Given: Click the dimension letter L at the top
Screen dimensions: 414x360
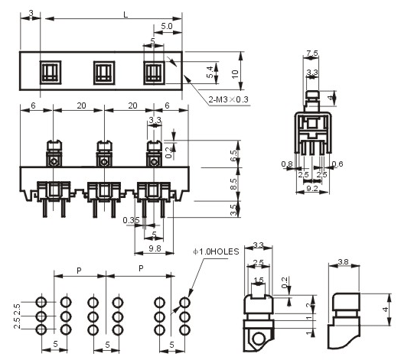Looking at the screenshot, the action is pyautogui.click(x=126, y=15).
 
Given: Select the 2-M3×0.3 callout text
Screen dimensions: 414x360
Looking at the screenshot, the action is pyautogui.click(x=228, y=99).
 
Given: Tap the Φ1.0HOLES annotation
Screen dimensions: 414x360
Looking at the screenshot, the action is pyautogui.click(x=216, y=251).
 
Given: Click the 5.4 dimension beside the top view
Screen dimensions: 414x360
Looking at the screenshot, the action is pyautogui.click(x=210, y=72).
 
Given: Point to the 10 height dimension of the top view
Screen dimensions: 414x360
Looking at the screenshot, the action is pyautogui.click(x=235, y=74).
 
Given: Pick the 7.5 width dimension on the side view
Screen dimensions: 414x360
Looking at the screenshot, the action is pyautogui.click(x=311, y=53).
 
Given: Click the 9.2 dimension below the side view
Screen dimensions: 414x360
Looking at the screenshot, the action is pyautogui.click(x=312, y=188).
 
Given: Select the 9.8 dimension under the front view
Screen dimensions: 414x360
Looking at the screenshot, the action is pyautogui.click(x=155, y=248).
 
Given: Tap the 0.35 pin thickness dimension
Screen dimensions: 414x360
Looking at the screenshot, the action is pyautogui.click(x=131, y=220).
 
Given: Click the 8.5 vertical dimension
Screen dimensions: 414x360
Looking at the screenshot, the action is pyautogui.click(x=233, y=184).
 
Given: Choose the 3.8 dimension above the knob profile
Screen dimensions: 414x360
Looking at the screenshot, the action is pyautogui.click(x=343, y=262).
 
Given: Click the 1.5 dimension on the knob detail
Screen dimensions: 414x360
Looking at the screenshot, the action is pyautogui.click(x=259, y=280).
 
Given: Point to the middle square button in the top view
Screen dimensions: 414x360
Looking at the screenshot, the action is pyautogui.click(x=104, y=73).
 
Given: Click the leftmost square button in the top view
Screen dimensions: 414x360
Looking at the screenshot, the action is pyautogui.click(x=51, y=73).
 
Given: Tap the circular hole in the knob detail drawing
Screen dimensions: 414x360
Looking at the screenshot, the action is pyautogui.click(x=259, y=339).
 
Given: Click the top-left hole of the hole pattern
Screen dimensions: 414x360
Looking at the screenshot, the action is pyautogui.click(x=41, y=302).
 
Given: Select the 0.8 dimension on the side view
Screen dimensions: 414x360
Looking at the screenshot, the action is pyautogui.click(x=287, y=164).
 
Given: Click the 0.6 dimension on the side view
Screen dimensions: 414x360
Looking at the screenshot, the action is pyautogui.click(x=337, y=164).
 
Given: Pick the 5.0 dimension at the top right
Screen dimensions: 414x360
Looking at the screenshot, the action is pyautogui.click(x=167, y=26).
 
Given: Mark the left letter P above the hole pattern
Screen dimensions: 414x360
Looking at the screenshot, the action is pyautogui.click(x=79, y=271).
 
